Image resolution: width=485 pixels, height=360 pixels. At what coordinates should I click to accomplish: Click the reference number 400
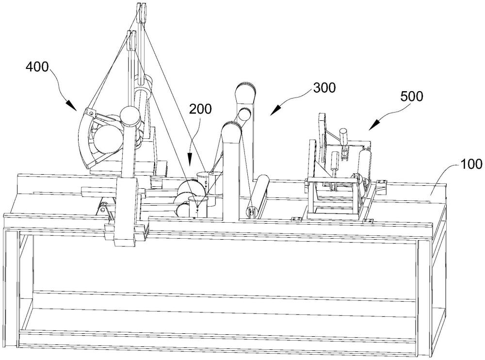tap(37, 67)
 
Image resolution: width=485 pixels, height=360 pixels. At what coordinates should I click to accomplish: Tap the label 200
tap(201, 109)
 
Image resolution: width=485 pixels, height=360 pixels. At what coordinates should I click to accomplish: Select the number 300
tap(324, 88)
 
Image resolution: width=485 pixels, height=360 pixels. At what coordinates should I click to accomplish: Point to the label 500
tap(412, 97)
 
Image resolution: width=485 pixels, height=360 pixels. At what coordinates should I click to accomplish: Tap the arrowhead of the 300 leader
tap(275, 111)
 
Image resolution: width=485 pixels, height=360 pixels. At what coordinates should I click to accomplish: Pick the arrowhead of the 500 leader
tap(373, 126)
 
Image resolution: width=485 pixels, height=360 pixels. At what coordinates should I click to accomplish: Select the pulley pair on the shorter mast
tap(132, 41)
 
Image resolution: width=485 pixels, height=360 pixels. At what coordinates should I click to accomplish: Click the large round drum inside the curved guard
tap(108, 139)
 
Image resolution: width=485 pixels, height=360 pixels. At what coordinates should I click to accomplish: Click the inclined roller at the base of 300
tap(259, 196)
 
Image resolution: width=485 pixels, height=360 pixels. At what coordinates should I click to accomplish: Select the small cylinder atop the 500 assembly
tap(344, 136)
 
